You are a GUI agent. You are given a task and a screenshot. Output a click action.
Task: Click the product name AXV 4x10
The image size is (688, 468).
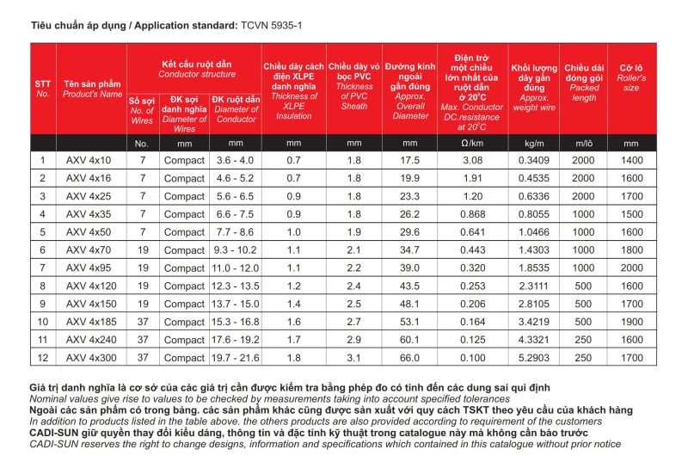point(89,160)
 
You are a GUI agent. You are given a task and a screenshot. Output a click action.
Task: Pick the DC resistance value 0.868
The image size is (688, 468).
point(470,214)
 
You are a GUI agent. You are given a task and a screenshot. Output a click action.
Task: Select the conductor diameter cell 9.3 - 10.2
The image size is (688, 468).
point(236,249)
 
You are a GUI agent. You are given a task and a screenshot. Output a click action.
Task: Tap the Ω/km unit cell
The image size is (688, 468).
point(470,143)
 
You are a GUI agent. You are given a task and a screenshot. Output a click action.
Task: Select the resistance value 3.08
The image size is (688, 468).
point(470,160)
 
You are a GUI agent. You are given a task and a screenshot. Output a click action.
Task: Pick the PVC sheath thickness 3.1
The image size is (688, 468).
point(353,357)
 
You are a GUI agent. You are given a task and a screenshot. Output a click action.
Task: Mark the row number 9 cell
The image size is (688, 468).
point(43,304)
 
